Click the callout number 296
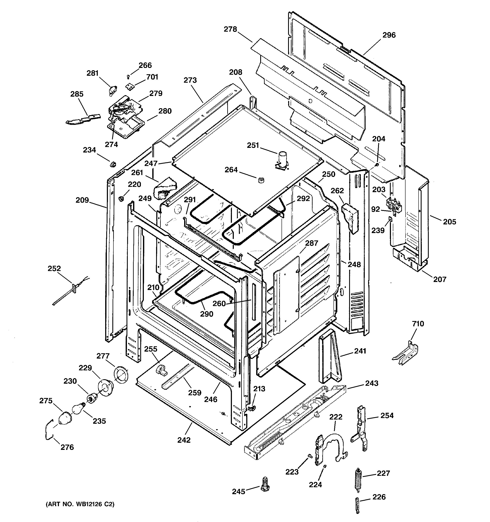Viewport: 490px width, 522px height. pyautogui.click(x=389, y=35)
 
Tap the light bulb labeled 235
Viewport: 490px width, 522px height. pyautogui.click(x=78, y=409)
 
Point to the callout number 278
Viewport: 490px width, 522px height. pyautogui.click(x=230, y=29)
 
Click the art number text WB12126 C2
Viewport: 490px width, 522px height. pyautogui.click(x=80, y=504)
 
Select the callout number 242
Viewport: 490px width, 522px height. pyautogui.click(x=184, y=440)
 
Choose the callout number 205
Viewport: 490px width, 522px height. pyautogui.click(x=449, y=222)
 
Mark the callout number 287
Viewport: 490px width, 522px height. pyautogui.click(x=311, y=243)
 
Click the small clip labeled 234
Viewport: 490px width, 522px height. pyautogui.click(x=113, y=164)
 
